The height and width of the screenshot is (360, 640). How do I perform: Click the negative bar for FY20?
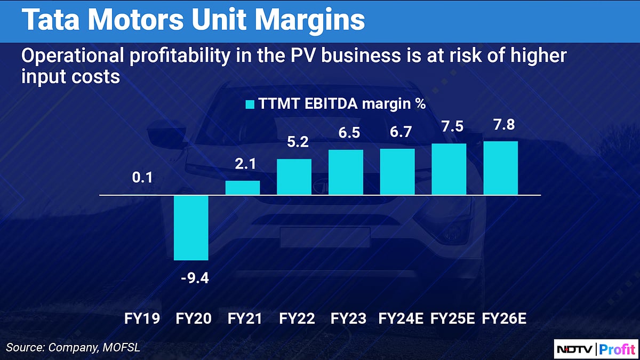coord(191,227)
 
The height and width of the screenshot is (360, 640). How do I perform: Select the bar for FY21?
coord(243,188)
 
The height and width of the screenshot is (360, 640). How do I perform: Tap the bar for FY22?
coord(294,177)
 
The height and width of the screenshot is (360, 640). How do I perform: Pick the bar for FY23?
coord(346,172)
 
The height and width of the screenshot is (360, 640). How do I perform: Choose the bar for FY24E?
coord(397,172)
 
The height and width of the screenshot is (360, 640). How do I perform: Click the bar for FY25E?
coord(449,169)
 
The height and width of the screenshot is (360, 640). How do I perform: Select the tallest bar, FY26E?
coord(500,168)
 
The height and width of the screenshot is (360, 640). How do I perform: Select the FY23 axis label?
coord(349,319)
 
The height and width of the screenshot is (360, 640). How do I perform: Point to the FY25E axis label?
coord(452,319)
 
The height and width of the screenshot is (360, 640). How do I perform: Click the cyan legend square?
coord(249,104)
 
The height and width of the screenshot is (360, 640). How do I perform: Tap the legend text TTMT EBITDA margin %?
coord(342,104)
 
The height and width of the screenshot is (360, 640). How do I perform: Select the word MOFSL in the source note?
coord(122,348)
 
